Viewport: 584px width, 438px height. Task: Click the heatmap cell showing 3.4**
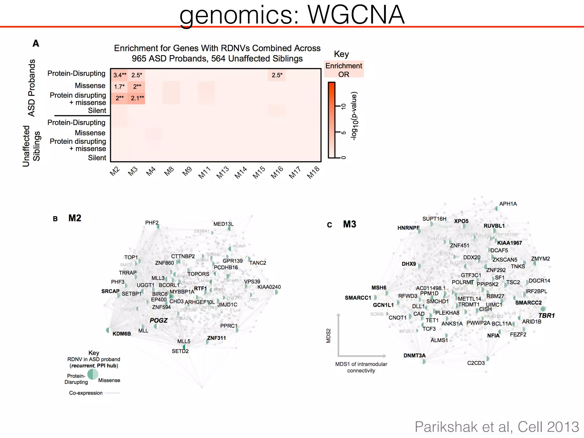(119, 75)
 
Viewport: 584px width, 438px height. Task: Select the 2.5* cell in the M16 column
(277, 75)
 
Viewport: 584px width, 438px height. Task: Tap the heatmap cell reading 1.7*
(119, 86)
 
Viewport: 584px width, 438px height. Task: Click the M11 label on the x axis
(204, 173)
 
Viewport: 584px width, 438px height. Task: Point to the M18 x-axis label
(313, 173)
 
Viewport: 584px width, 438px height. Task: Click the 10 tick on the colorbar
(344, 106)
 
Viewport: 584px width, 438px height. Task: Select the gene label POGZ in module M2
(159, 320)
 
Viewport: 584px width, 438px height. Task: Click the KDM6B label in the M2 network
(121, 334)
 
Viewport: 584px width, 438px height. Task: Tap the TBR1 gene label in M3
(546, 315)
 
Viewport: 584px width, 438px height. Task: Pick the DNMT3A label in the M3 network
(414, 355)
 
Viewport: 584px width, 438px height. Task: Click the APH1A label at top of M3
(508, 204)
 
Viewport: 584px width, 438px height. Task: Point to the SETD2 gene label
(180, 351)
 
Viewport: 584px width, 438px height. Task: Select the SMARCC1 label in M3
(358, 298)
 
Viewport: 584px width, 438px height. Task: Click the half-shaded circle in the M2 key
(93, 374)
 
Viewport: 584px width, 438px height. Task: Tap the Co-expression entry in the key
(86, 393)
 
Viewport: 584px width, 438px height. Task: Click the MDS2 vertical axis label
(328, 336)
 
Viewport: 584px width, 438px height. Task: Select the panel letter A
(36, 43)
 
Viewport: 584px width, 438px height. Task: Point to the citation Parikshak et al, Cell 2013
(496, 427)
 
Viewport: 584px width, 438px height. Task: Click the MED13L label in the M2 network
(223, 224)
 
